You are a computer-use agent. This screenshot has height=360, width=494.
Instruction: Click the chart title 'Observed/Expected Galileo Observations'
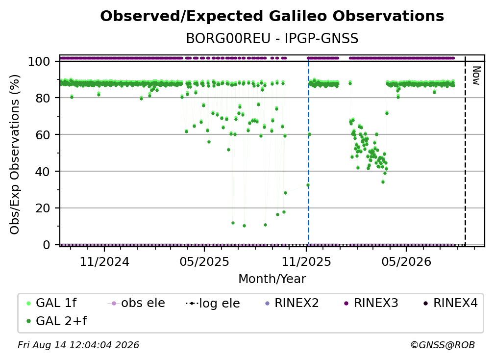point(272,16)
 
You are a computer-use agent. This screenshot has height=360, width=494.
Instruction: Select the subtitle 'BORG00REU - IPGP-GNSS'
point(272,38)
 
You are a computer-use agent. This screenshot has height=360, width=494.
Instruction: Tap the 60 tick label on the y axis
point(43,134)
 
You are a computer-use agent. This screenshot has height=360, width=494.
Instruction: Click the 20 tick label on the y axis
point(43,208)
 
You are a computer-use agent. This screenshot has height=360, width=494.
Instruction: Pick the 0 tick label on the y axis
point(46,245)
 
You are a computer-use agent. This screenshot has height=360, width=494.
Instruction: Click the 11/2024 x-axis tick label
point(104,261)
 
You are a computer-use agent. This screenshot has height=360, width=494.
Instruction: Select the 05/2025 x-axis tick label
point(204,261)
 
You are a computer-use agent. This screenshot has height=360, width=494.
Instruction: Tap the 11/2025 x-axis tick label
point(306,261)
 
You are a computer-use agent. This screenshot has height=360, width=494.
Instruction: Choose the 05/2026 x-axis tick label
point(406,261)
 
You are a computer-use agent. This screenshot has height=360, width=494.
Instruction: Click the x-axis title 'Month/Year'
point(272,279)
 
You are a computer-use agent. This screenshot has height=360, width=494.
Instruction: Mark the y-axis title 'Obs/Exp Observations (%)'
point(15,154)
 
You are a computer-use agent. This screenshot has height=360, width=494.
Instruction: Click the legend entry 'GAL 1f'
point(51,303)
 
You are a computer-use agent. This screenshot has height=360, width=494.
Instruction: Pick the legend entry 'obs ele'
point(136,303)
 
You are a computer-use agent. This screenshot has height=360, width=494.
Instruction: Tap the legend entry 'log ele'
point(213,303)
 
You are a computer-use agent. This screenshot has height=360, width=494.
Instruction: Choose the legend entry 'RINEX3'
point(371,303)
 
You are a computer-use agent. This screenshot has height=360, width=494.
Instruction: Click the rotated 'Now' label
point(476,76)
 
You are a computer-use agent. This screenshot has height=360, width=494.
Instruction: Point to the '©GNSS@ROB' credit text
point(443,345)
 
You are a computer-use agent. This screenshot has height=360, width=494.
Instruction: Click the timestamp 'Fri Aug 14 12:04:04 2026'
point(78,345)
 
